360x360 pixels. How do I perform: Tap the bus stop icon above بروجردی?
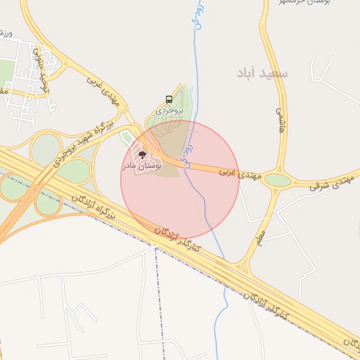point(169,99)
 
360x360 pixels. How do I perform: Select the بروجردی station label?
point(168,110)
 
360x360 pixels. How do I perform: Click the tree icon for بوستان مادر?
point(142,154)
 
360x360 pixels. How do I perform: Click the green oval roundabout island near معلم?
point(278,180)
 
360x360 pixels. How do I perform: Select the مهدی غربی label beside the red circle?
point(234,170)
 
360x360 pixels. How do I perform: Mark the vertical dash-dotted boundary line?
point(155,302)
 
